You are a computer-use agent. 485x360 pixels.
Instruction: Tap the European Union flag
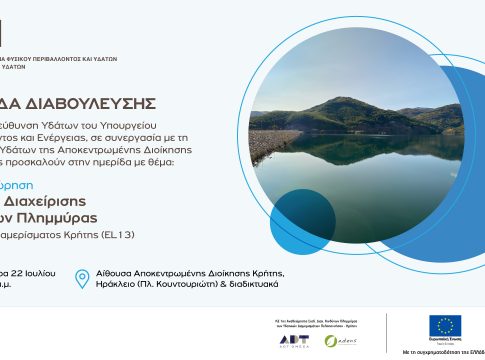tap(444, 326)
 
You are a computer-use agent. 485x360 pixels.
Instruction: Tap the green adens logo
tap(340, 340)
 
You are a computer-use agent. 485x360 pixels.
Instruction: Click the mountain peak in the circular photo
tap(344, 101)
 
